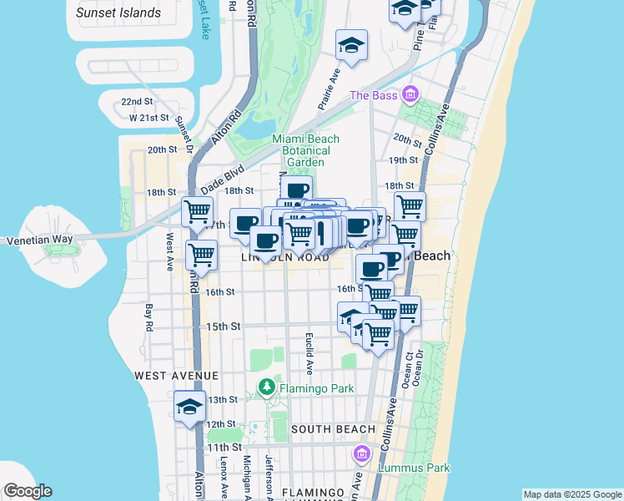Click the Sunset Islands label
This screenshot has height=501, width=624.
pos(118,13)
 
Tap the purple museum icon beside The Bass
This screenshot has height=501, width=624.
pos(409,94)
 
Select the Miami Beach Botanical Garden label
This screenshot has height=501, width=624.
pos(301,150)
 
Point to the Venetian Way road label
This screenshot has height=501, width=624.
pos(36,240)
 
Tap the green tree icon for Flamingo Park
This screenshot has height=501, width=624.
pos(266,387)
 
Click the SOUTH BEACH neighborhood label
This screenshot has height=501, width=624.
pos(333,429)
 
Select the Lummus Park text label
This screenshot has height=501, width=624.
pos(414,468)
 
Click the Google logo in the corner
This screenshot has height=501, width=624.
pos(28,491)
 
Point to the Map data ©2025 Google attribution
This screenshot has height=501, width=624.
pos(572,494)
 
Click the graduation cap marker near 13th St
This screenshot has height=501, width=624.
pos(189,407)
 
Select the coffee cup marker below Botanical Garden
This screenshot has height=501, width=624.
pos(296,190)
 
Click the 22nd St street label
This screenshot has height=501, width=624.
pos(137,102)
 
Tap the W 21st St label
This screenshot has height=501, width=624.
pos(149,118)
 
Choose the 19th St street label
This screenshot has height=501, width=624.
pos(403,159)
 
